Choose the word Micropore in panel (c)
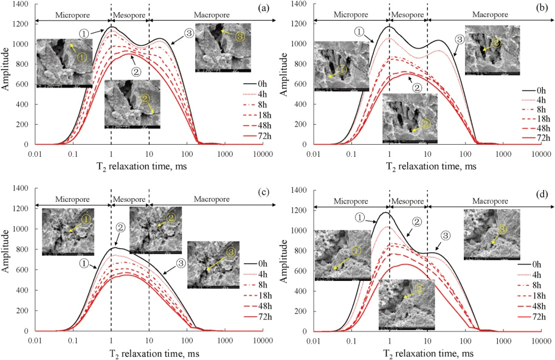click(72, 199)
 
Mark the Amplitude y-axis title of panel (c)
click(5, 260)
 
